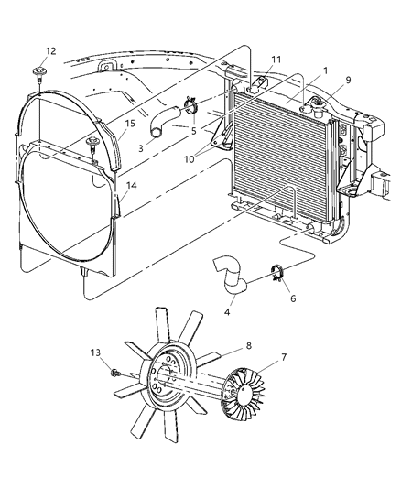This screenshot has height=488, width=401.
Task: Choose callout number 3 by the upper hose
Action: (x=140, y=146)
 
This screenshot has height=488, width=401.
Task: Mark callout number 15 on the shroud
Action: (x=129, y=124)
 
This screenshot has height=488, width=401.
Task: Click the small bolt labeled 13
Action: (x=115, y=373)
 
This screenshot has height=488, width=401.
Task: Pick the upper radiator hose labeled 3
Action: (x=163, y=123)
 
